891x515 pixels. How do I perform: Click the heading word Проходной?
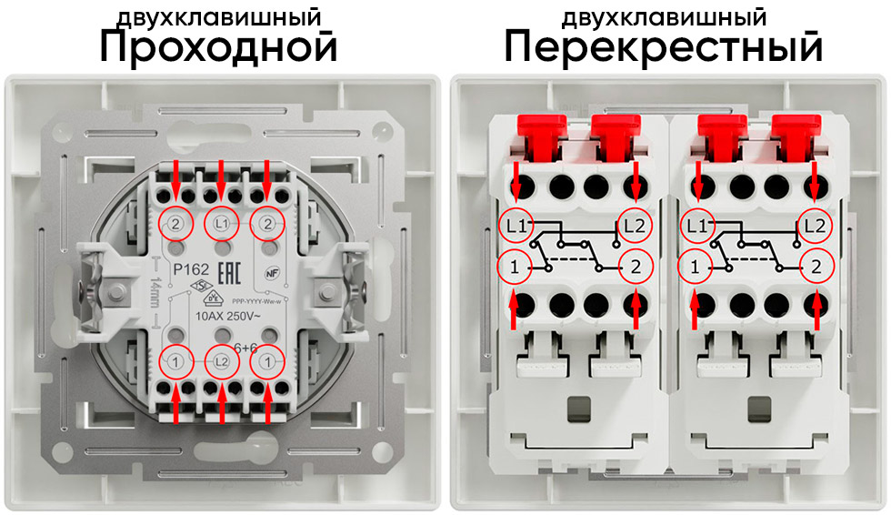pyautogui.click(x=218, y=48)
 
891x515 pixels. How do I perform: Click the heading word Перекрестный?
pyautogui.click(x=664, y=48)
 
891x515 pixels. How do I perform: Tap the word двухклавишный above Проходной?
pyautogui.click(x=218, y=17)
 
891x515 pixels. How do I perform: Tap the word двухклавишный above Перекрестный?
pyautogui.click(x=664, y=17)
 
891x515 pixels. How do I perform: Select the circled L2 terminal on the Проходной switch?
pyautogui.click(x=221, y=361)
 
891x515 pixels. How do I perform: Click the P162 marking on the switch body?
pyautogui.click(x=191, y=269)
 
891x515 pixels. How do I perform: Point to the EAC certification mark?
pyautogui.click(x=233, y=270)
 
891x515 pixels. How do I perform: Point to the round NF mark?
pyautogui.click(x=271, y=270)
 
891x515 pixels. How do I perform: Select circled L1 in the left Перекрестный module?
pyautogui.click(x=516, y=224)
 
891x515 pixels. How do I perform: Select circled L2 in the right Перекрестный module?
pyautogui.click(x=817, y=224)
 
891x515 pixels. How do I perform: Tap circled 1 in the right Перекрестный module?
pyautogui.click(x=696, y=267)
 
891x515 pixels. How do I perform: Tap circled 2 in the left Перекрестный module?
pyautogui.click(x=636, y=267)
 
